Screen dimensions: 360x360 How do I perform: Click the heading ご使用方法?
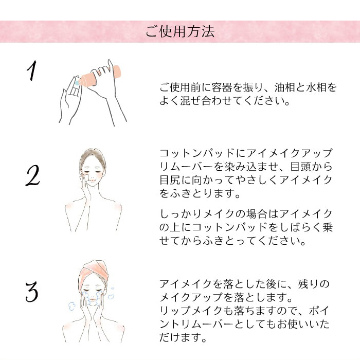pos(180,31)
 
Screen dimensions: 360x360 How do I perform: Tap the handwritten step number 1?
pos(32,70)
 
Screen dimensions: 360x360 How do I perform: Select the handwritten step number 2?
pos(32,175)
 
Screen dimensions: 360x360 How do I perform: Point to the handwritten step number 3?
pos(32,292)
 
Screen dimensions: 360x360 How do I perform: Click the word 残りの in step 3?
pos(314,284)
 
